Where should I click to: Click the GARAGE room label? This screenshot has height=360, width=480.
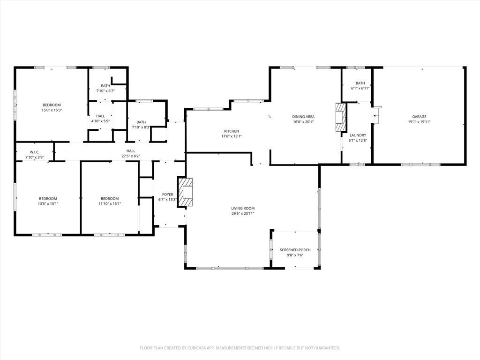click(419, 117)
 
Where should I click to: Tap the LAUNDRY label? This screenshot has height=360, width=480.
click(358, 135)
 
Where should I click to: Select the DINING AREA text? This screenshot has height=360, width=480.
click(303, 117)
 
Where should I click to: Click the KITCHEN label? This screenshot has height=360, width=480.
click(232, 131)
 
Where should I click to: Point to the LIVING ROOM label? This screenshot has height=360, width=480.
click(243, 208)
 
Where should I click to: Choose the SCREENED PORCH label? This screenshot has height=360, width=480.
click(295, 250)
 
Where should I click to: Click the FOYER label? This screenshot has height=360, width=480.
click(168, 194)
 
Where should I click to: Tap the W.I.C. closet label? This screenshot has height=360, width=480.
click(35, 152)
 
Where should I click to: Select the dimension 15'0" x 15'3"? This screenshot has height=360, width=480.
click(52, 110)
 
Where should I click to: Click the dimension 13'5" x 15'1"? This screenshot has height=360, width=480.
click(48, 203)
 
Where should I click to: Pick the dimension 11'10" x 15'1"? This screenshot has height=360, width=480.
click(110, 203)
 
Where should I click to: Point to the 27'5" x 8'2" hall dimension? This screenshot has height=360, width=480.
click(131, 156)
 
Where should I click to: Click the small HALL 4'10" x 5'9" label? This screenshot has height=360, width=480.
click(100, 118)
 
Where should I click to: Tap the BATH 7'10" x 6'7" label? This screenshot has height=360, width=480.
click(105, 88)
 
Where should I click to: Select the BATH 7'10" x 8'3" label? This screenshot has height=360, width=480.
click(141, 125)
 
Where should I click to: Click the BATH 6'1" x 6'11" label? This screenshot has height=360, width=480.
click(360, 86)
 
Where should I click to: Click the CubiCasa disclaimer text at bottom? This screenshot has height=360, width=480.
click(240, 348)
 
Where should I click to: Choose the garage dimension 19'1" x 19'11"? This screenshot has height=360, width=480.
click(419, 122)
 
